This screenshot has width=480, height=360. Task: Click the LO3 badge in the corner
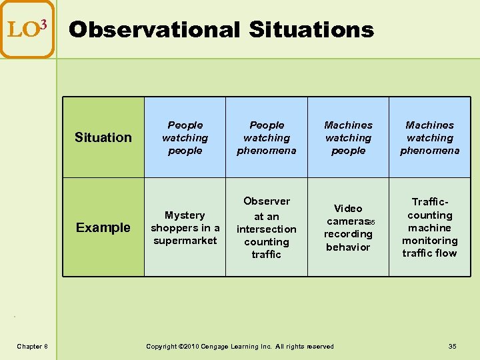pos(27,29)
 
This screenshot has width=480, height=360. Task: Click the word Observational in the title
pos(154,29)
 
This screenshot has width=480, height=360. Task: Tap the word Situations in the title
pos(311,29)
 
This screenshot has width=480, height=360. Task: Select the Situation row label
pos(103,137)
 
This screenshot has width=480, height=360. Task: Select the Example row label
pos(103,227)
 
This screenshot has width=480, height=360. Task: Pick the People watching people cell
pos(185,138)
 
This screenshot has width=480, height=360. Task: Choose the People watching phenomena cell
pos(267,138)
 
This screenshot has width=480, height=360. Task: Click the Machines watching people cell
pos(348,138)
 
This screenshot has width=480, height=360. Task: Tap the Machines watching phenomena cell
pos(429,138)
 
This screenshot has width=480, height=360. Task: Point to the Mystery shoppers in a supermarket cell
pos(185,227)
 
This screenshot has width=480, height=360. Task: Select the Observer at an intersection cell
pos(267,227)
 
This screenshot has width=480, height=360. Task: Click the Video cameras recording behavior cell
pos(348,227)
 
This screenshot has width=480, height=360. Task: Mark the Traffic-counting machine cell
pos(429,227)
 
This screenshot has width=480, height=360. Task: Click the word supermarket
pos(185,241)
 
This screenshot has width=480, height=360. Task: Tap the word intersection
pos(267,229)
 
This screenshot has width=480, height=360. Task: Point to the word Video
pos(348,209)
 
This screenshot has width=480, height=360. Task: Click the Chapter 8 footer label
pos(32,346)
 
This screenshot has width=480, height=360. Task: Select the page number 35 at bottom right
pos(453,346)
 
